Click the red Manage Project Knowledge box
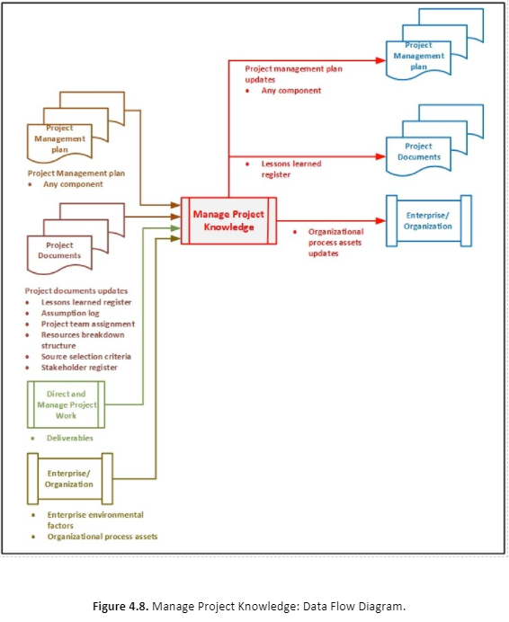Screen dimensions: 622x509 tap(228, 220)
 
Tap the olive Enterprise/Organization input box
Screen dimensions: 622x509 tap(69, 478)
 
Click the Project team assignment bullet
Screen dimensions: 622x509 tap(88, 324)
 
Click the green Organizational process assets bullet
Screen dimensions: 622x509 tap(102, 537)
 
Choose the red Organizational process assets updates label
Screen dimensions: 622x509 tap(334, 242)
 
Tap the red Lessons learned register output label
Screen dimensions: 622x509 tap(290, 168)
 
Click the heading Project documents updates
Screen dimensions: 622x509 tap(76, 291)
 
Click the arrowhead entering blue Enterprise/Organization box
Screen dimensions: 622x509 tap(379, 220)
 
